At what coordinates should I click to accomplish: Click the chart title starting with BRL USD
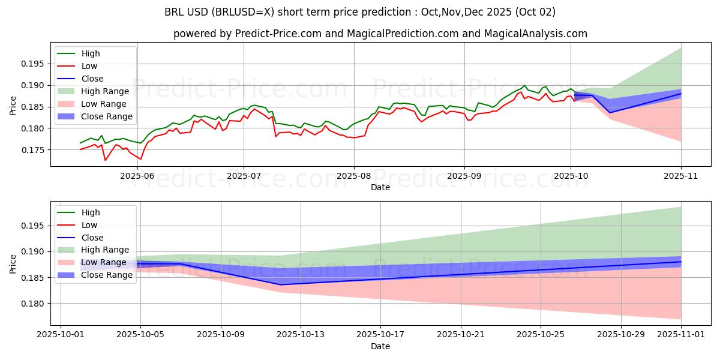(359, 12)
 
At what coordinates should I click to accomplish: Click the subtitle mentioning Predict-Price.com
(380, 34)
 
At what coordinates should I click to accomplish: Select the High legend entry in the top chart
(91, 53)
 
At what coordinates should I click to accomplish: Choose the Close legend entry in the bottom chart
(92, 238)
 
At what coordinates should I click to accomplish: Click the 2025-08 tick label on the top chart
(353, 175)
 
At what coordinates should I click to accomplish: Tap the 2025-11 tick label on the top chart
(681, 175)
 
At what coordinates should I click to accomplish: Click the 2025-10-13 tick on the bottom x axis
(301, 335)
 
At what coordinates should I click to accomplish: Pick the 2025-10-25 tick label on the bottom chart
(541, 335)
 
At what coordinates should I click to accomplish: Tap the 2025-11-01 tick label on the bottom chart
(681, 335)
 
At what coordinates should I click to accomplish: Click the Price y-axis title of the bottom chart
(13, 262)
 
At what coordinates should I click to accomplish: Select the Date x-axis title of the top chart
(380, 187)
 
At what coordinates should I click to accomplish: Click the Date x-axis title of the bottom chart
(380, 346)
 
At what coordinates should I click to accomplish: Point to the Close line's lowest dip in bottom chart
(281, 284)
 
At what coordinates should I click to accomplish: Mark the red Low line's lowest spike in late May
(106, 160)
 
